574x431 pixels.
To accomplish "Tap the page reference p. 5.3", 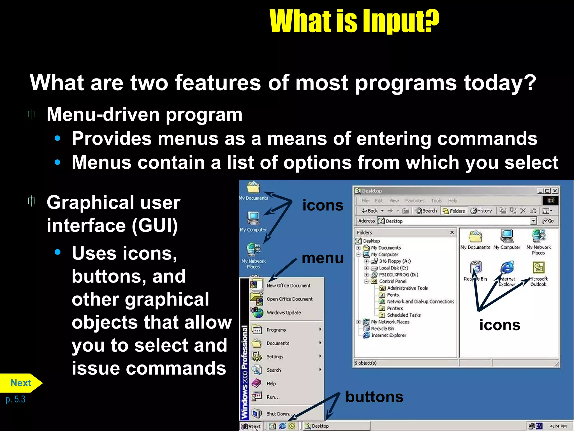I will coord(15,399).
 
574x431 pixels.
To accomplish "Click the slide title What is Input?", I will coord(354,21).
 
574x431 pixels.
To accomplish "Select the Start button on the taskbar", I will coord(251,426).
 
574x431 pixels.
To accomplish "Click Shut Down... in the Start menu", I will coord(279,414).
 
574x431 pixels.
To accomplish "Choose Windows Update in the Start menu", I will coord(283,313).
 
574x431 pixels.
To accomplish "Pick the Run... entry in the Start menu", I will coord(273,397).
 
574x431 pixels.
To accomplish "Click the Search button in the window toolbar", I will coord(426,211).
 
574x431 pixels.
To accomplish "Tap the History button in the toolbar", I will coord(481,211).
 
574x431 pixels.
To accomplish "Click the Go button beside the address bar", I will coord(548,221).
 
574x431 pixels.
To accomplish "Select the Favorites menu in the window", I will coord(415,201).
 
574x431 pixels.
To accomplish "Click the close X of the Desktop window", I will coord(555,191).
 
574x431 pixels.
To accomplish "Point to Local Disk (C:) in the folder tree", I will coord(393,268).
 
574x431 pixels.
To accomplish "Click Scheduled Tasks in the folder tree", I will coord(404,315).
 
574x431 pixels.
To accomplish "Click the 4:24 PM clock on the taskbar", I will coord(558,426).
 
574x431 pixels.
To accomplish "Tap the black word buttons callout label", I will coord(374,397).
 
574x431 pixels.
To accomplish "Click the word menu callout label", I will coord(323,258).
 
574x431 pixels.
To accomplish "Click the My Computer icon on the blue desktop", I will coord(253,219).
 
